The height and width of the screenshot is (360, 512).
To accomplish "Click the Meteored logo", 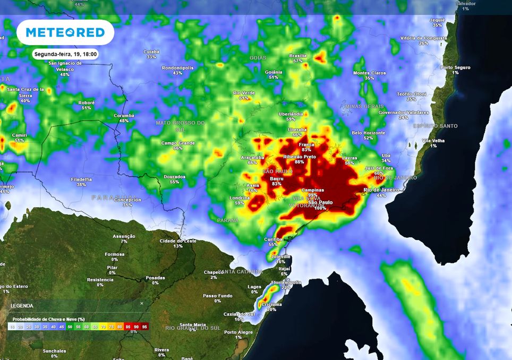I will point(65,32).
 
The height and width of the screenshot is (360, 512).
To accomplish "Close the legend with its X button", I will point(142,304).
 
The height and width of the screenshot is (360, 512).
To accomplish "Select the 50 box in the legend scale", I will point(70,327).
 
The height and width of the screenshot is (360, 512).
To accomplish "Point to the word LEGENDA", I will point(22,306).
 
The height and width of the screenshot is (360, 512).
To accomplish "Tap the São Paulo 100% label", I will point(320,205).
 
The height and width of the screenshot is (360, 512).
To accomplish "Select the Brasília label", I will point(298,58).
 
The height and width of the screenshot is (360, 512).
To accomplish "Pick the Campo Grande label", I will point(178,145).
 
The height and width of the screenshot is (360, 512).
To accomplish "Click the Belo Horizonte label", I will point(368,135).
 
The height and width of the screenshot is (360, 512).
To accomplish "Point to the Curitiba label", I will point(273,242).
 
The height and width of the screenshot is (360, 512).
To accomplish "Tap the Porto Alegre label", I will point(238,335).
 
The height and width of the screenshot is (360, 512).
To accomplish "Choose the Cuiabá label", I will point(151,54).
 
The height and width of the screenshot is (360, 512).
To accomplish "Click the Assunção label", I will point(124,238).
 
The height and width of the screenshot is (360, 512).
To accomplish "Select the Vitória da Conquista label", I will point(423,40).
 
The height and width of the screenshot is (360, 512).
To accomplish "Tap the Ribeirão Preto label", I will point(300,159).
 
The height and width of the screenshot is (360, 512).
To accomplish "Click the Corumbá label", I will point(124,118).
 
